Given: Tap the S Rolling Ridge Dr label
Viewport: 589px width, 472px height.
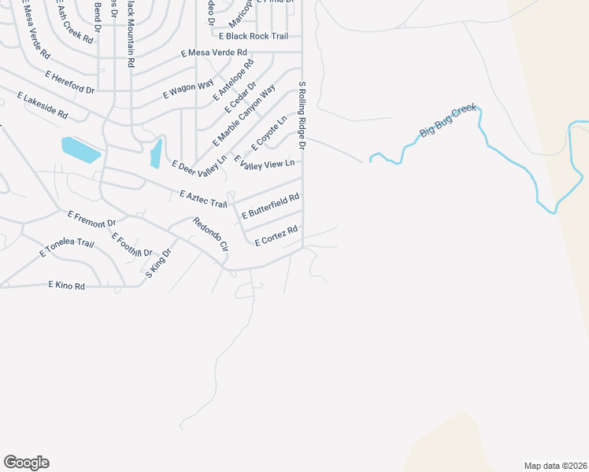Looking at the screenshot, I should pos(302,115).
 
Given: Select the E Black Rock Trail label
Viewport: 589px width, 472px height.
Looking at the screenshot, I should pos(254,36).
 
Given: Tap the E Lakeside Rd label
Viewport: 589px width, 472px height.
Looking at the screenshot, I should pos(42,105).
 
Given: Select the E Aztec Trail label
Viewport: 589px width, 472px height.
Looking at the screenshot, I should pos(203,198).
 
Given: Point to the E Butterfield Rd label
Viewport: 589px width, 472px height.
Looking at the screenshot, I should pos(271,206).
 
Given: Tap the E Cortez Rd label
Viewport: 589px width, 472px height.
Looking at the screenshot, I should pos(276,234).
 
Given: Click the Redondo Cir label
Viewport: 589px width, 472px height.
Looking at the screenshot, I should pos(210,234).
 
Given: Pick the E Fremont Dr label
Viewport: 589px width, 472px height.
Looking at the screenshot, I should pos(91,219).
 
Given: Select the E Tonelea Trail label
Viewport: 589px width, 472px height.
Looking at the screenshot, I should pos(66,248).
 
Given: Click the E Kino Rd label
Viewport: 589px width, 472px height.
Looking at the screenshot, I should pos(66,285).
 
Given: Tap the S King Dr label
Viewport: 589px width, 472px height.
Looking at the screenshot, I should pos(157,264).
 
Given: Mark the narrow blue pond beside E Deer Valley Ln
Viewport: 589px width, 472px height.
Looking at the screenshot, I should pos(156,153).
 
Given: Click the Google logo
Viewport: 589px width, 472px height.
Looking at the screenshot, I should pos(26,463).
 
